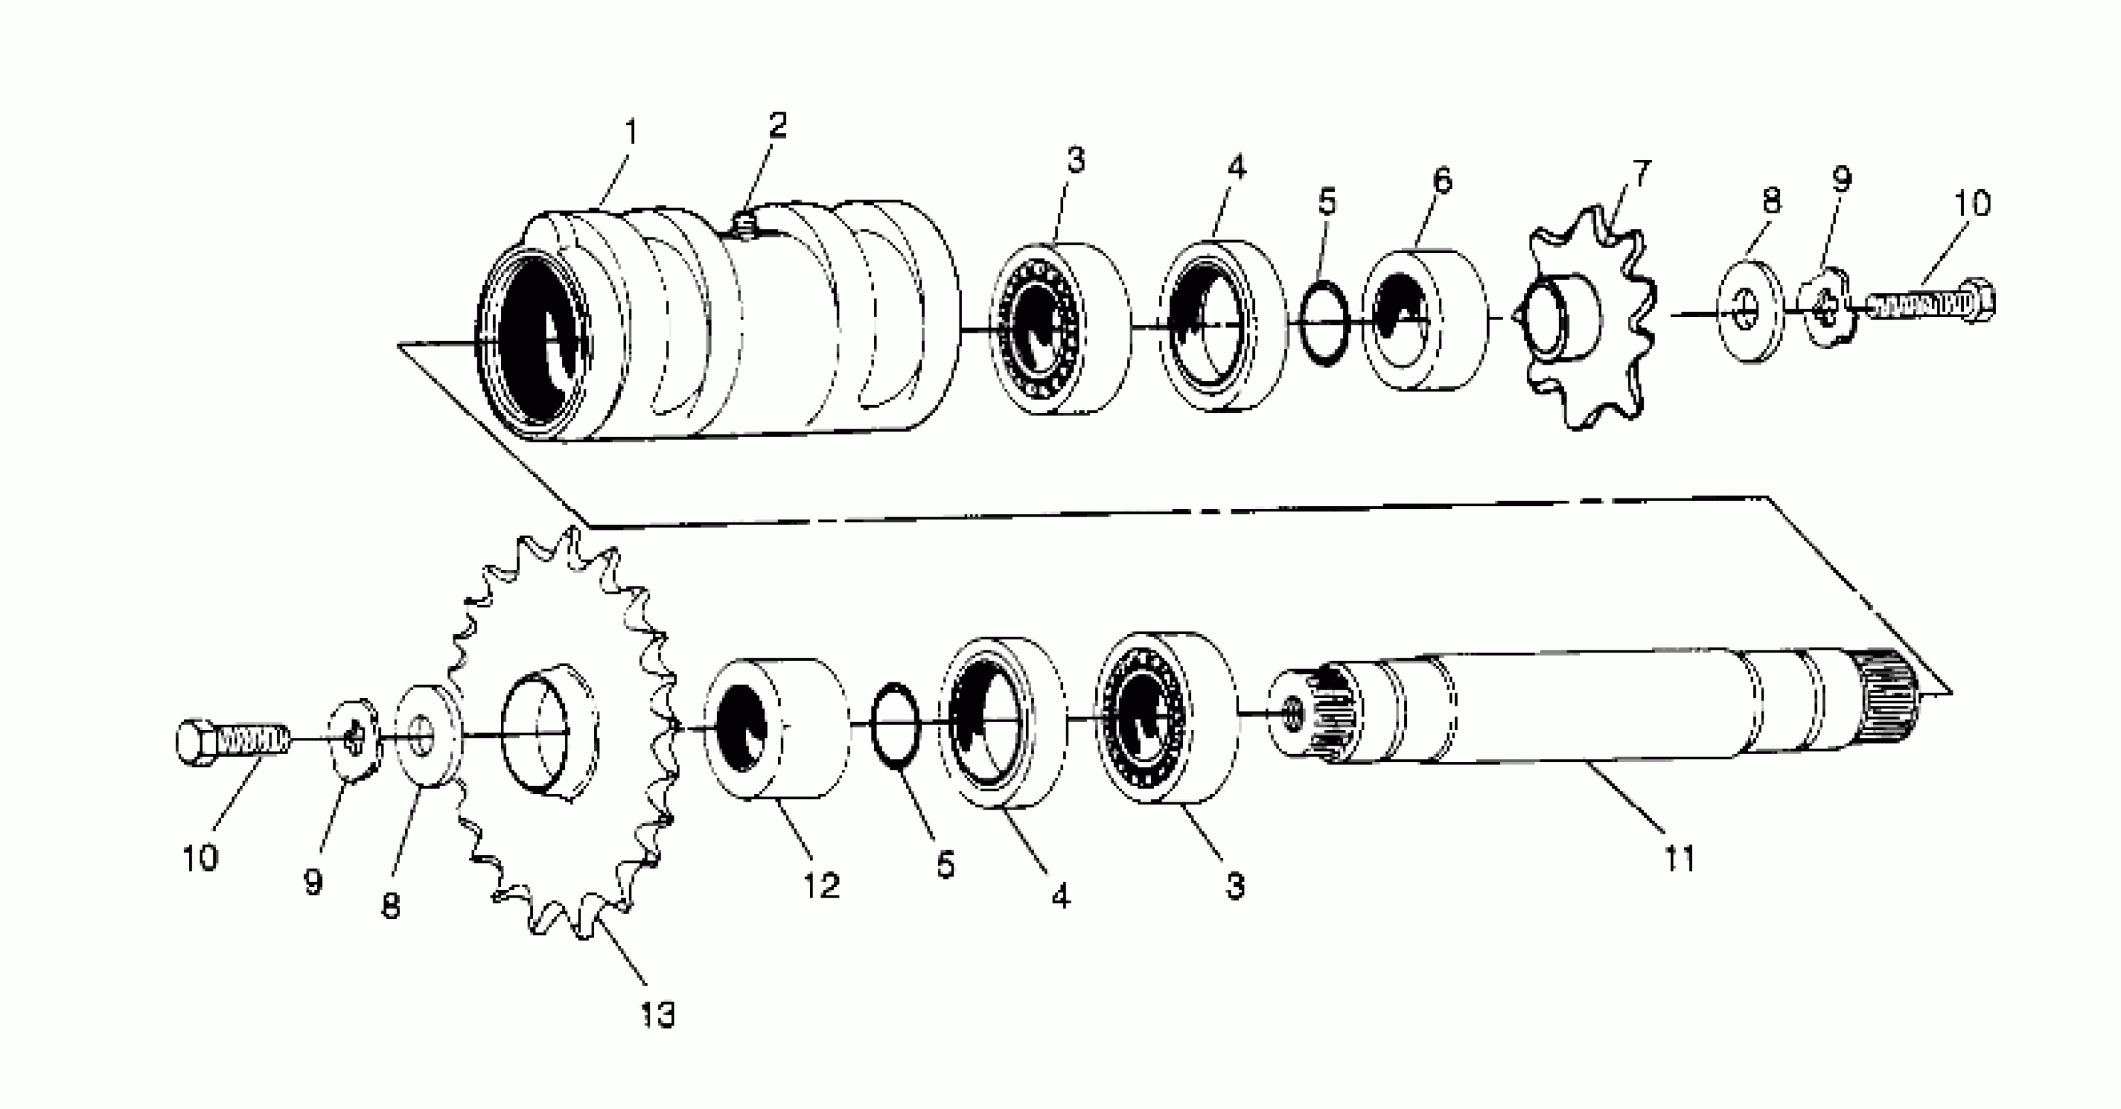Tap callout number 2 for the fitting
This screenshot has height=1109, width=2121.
(777, 125)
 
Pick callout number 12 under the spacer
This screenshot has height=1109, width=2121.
(822, 885)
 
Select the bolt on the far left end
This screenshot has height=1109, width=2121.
(230, 740)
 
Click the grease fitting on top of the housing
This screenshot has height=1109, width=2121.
(743, 224)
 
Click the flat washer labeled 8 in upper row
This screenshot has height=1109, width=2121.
(1750, 311)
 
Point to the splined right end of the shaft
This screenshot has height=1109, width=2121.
(1889, 704)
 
